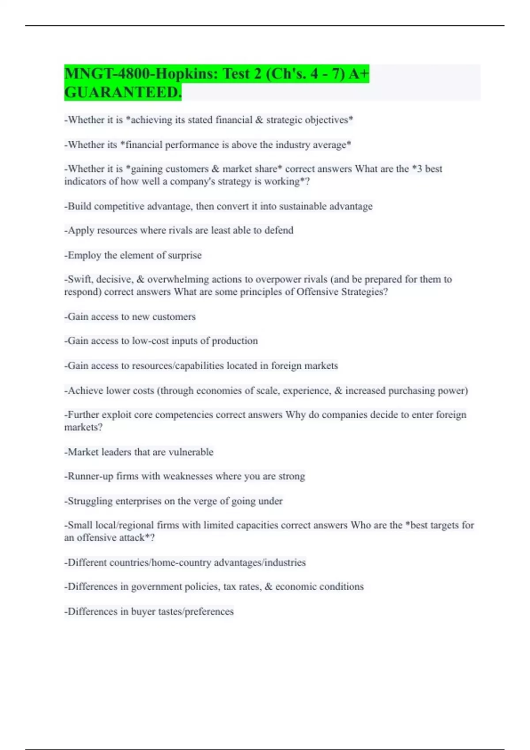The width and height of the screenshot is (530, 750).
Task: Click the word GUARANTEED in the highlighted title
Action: tap(122, 92)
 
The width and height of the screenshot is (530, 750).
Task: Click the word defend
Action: tap(279, 230)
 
